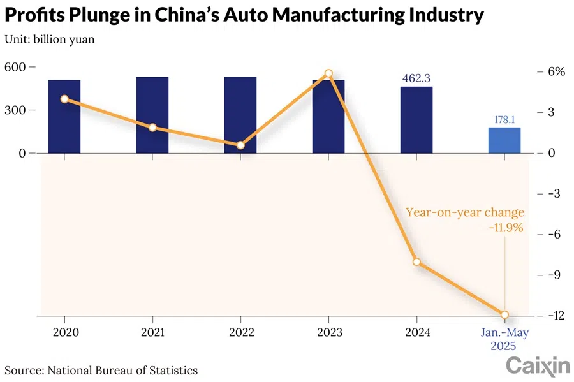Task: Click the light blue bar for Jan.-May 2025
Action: pos(504,140)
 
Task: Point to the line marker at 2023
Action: pos(328,74)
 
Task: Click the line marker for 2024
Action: pos(416,262)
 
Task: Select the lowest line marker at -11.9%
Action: pos(504,314)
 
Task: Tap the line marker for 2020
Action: pos(64,99)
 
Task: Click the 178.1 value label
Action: pos(504,119)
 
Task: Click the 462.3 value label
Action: pos(416,78)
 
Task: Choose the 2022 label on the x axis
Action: pos(240,333)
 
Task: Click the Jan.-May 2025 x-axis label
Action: pos(504,339)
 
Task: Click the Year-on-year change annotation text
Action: pos(465,213)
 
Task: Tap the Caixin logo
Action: pos(538,365)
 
